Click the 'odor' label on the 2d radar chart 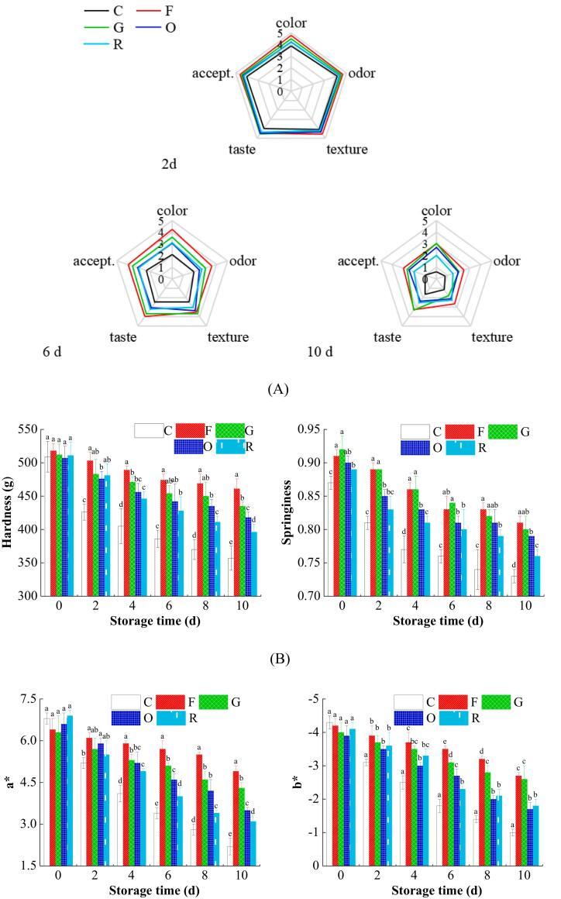(362, 74)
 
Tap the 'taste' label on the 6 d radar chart (124, 337)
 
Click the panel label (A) (278, 389)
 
